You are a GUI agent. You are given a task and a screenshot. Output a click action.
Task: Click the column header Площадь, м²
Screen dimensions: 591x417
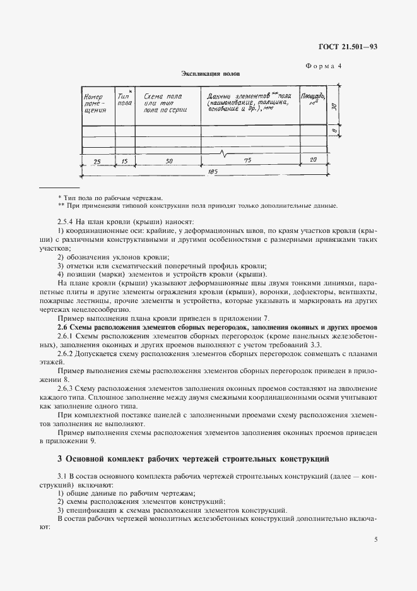(x=313, y=98)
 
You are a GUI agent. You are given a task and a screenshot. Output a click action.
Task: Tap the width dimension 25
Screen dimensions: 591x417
(x=97, y=161)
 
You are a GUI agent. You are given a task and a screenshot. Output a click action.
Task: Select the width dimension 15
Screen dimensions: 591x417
(x=124, y=161)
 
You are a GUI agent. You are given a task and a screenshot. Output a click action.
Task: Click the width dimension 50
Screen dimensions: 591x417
(x=169, y=161)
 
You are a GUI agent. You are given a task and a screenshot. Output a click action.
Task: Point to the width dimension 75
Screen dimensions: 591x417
(x=247, y=161)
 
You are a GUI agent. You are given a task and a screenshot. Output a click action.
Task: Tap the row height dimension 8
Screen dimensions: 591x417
(x=334, y=130)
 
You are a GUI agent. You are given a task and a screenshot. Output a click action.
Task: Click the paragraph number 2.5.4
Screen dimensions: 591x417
(x=66, y=221)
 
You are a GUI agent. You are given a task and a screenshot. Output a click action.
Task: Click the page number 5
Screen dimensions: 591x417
(x=375, y=539)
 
